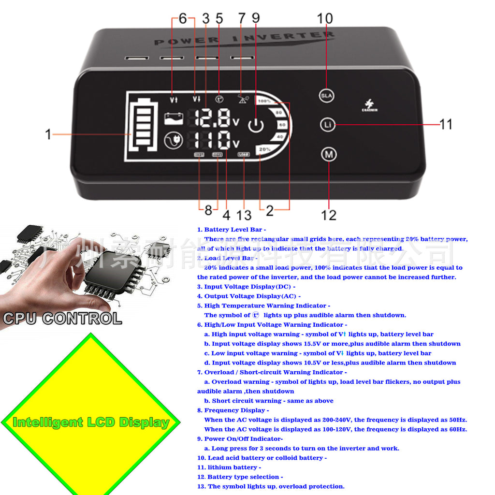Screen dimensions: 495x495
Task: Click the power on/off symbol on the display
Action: (256, 126)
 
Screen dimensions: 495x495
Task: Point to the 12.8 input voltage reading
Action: (216, 118)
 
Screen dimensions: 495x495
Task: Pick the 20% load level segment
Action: (264, 149)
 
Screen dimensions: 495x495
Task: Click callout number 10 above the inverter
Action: (325, 18)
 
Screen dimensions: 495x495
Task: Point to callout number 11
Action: (446, 124)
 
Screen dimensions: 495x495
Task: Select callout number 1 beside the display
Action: (48, 134)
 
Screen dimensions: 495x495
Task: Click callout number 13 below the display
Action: (244, 214)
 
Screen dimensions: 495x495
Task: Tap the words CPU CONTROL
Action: (62, 319)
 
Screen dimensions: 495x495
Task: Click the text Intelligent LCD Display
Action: (91, 422)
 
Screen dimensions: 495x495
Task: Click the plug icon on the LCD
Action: (173, 141)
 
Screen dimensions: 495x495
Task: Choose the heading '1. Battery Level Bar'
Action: (232, 230)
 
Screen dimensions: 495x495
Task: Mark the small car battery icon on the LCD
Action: (173, 118)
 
